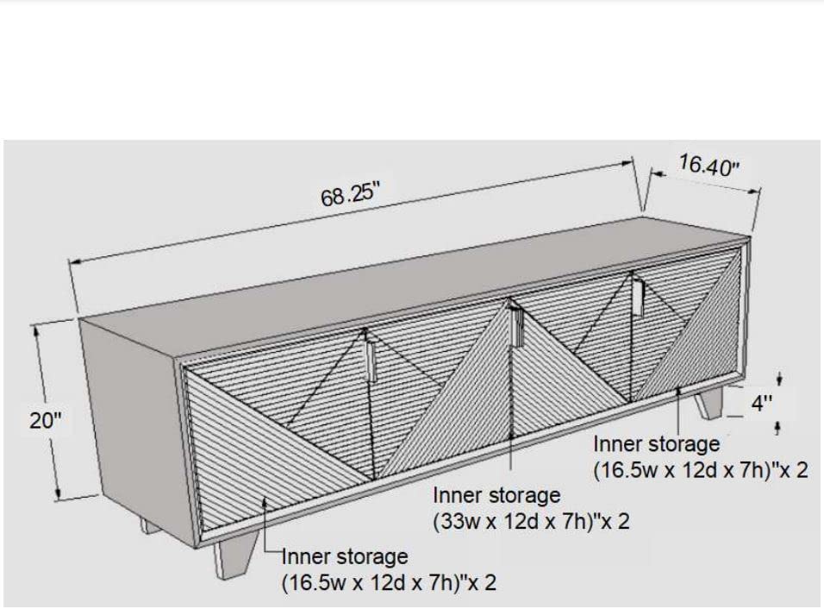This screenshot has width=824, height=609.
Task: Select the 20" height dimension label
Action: (x=45, y=421)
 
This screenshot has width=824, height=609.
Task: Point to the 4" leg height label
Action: (x=762, y=404)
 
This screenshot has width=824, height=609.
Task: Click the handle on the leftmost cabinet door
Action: (x=371, y=361)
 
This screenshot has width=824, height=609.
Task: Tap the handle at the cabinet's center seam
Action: (x=518, y=327)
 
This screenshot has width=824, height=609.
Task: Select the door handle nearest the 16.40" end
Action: (x=638, y=298)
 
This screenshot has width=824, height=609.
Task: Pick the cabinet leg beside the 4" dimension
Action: (x=709, y=403)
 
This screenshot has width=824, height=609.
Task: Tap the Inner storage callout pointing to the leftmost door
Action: (x=389, y=570)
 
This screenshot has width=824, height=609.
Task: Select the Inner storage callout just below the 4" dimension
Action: (x=701, y=456)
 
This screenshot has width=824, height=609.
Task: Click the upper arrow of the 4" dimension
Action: (x=780, y=379)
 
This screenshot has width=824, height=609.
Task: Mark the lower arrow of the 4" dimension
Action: (x=778, y=428)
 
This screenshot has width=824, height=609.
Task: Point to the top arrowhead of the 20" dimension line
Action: (x=35, y=330)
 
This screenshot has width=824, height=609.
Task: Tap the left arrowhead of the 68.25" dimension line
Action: (x=76, y=261)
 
